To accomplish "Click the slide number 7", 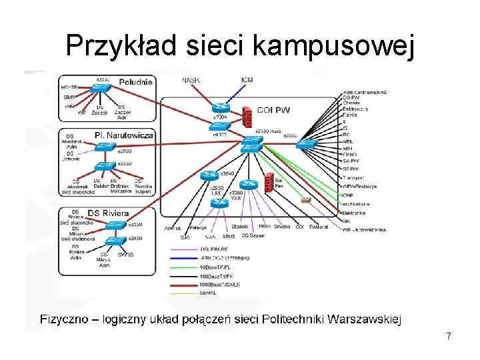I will tap(449, 337).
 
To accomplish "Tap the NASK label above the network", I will tap(191, 81).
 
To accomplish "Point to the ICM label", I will tap(247, 81).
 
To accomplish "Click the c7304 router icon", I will tap(220, 107).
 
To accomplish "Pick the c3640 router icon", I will tap(209, 176).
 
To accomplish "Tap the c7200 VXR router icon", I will tap(249, 185).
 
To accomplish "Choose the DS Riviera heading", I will tap(107, 213).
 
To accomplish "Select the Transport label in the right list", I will tap(353, 178).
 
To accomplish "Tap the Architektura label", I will tap(356, 204).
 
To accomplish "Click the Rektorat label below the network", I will tap(319, 227).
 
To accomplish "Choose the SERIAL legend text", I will tap(208, 293).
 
